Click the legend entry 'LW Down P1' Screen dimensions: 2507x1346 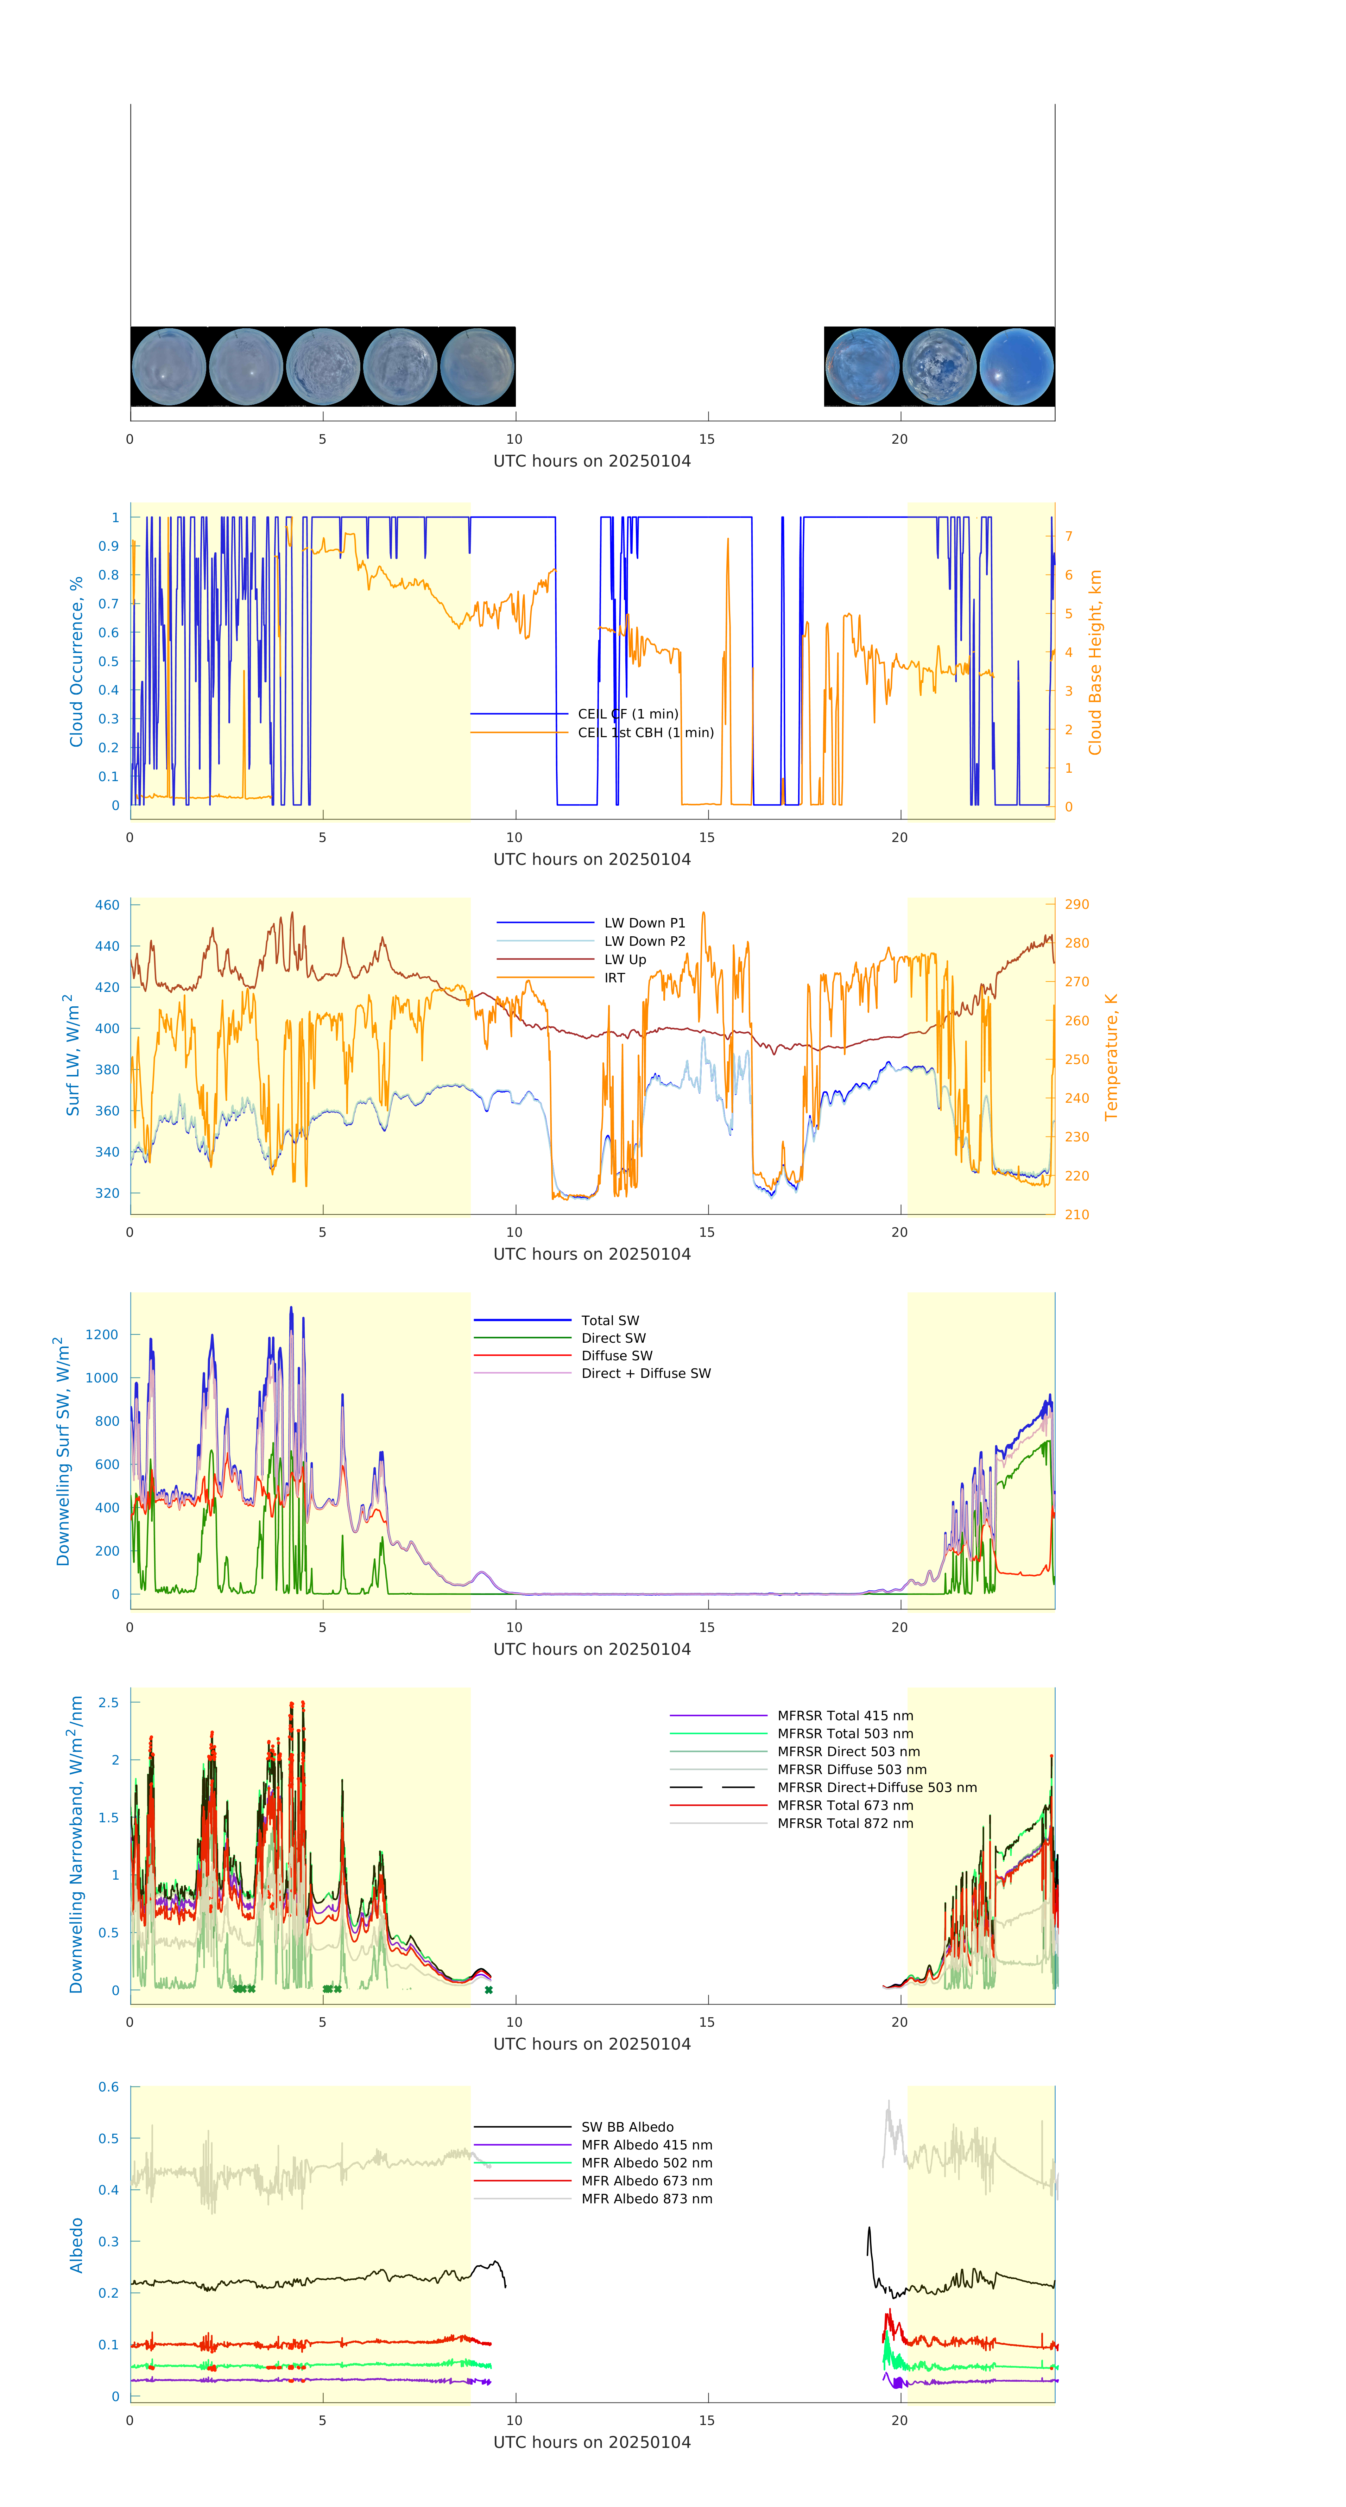tap(644, 923)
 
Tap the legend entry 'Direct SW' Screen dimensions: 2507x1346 tap(613, 1338)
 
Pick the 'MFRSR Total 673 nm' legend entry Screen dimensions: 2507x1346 tap(845, 1805)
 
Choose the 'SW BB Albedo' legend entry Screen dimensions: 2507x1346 tap(627, 2127)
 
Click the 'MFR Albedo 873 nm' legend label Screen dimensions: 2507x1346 tap(646, 2198)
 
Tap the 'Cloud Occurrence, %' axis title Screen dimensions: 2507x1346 tap(76, 662)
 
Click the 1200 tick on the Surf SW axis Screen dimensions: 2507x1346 tap(102, 1334)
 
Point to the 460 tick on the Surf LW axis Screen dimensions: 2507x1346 tap(107, 905)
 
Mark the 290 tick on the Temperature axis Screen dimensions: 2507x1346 tap(1076, 904)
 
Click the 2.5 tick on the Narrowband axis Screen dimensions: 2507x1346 tap(109, 1702)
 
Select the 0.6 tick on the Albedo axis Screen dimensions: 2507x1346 tap(109, 2087)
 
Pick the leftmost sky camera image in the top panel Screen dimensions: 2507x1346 tap(168, 367)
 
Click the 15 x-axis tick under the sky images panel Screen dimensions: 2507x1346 tap(707, 439)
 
